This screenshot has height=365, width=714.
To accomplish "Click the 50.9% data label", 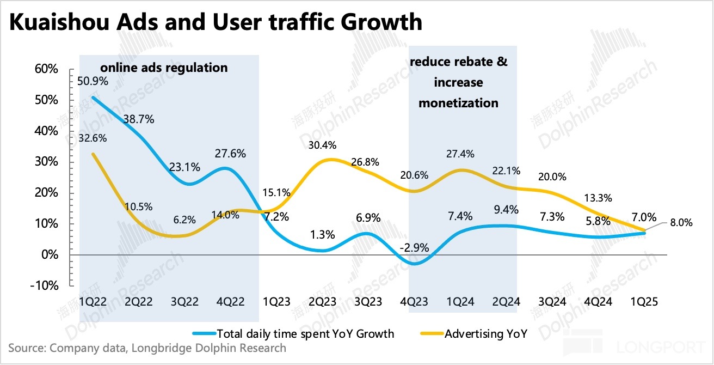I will click(x=93, y=81).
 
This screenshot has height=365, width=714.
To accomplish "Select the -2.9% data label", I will click(x=415, y=248).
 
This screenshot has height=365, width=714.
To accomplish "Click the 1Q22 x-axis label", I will click(x=93, y=301).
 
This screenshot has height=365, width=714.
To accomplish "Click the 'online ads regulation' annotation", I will click(x=163, y=68).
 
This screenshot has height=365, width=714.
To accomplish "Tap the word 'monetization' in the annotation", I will click(x=458, y=103).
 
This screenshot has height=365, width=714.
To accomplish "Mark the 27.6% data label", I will click(x=230, y=154).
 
